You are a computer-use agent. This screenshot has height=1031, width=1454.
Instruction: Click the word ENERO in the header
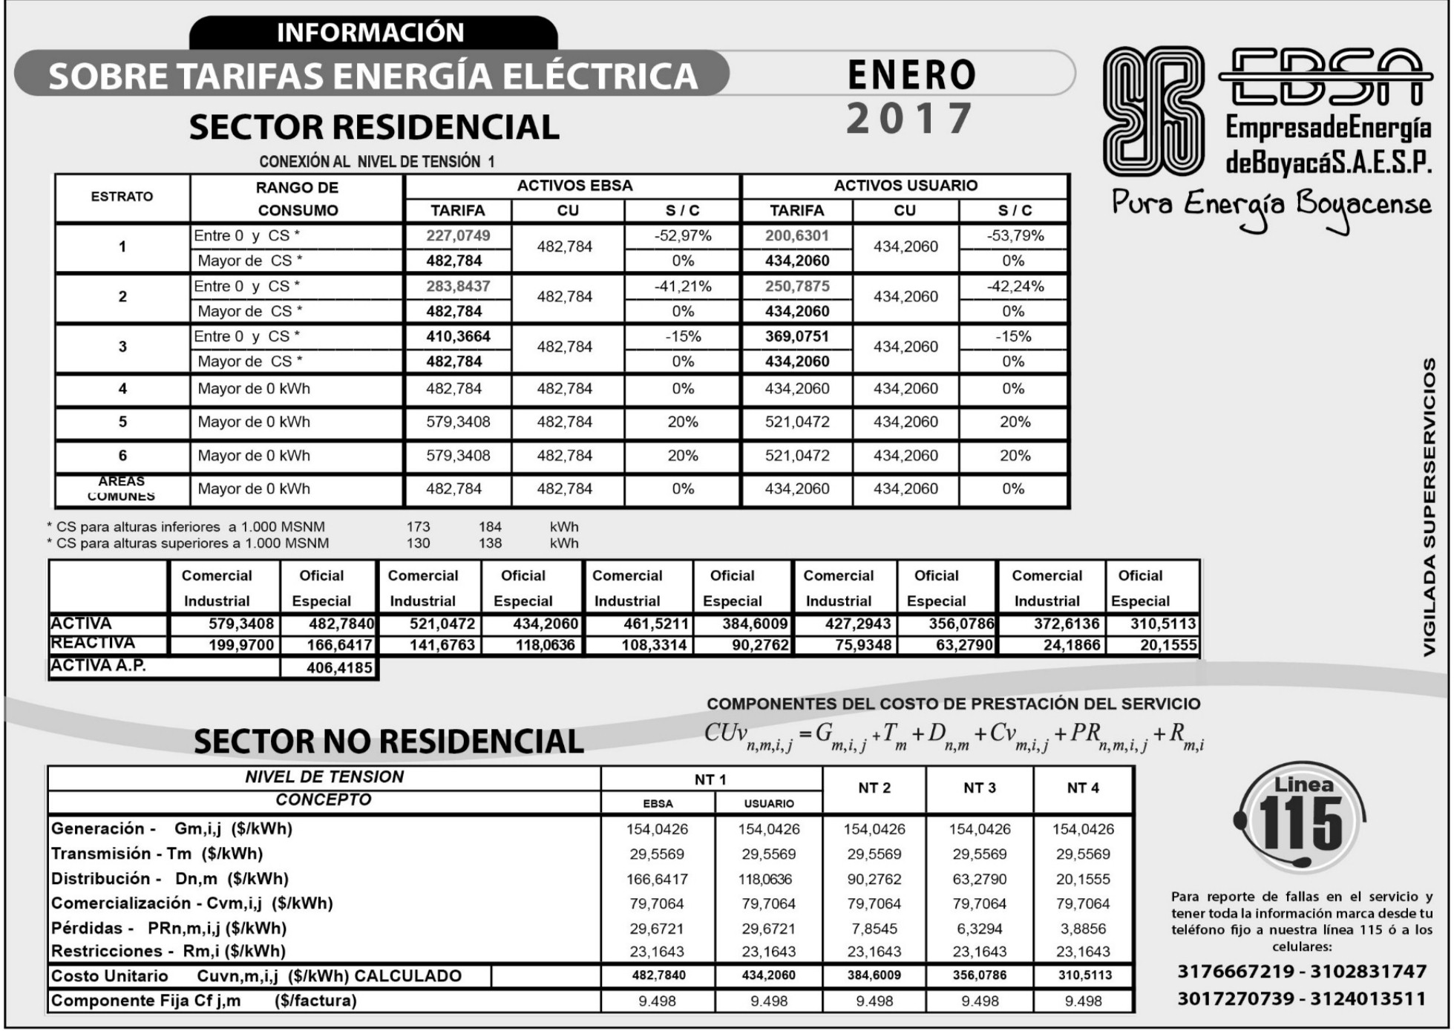911,75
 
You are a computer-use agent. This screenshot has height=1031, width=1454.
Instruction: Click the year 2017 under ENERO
910,119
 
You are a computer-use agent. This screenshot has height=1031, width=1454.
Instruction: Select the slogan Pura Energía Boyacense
1271,205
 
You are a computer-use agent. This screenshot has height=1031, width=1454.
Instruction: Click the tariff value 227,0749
458,236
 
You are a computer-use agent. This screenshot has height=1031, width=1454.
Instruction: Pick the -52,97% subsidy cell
682,236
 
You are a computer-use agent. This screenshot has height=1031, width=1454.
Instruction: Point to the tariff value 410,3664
458,336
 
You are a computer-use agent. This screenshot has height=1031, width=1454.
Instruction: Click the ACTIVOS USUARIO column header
906,186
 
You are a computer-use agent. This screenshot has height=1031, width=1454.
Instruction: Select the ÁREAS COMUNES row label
122,488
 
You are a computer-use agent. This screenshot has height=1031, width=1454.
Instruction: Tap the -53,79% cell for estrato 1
1015,236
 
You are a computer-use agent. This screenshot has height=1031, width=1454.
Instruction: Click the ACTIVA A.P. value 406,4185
338,668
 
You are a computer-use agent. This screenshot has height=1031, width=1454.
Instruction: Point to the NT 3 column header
979,788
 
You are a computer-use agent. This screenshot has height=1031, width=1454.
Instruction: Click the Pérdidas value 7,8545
874,929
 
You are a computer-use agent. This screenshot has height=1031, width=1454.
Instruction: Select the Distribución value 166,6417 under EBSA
657,880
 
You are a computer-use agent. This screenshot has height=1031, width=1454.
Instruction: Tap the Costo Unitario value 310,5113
1084,975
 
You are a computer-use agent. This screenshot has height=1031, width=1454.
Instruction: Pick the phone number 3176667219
1236,972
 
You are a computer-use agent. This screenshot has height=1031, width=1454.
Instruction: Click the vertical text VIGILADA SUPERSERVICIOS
1429,508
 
